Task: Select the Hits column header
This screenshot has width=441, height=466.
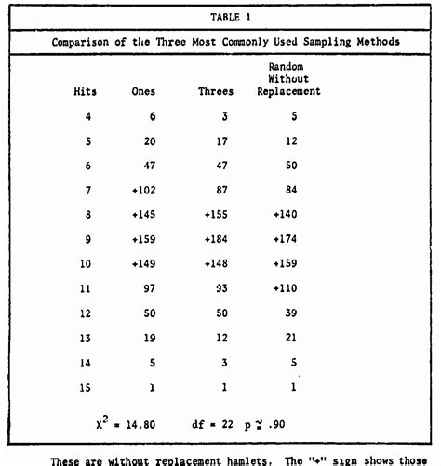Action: [x=86, y=91]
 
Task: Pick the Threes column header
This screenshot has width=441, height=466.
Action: [x=216, y=91]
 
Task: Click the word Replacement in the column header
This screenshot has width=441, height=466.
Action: [x=289, y=91]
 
